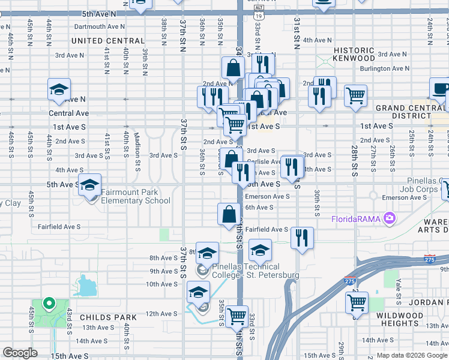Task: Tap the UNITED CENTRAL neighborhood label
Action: [x=108, y=41]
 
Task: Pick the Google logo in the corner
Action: [x=20, y=353]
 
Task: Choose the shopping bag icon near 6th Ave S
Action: [x=229, y=213]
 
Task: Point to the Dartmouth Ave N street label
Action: [x=100, y=26]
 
